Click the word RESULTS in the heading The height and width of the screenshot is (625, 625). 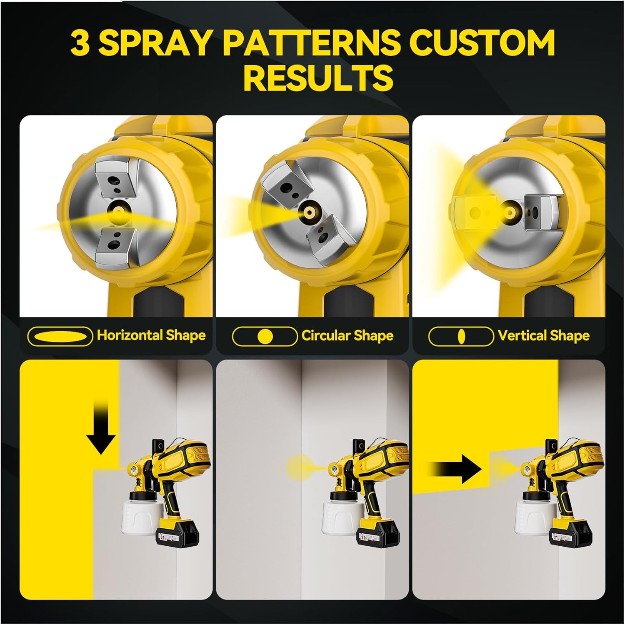click(318, 77)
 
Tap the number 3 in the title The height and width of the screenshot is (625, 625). click(80, 43)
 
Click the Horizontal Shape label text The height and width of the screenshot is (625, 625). click(151, 335)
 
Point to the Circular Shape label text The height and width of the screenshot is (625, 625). click(347, 336)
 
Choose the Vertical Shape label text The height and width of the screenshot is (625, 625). click(544, 336)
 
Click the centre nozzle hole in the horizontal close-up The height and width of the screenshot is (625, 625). click(117, 213)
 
